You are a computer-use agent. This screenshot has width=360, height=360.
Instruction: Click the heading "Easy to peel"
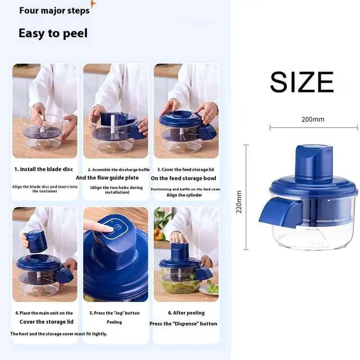pyautogui.click(x=53, y=33)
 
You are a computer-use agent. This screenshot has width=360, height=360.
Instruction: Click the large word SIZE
pyautogui.click(x=301, y=82)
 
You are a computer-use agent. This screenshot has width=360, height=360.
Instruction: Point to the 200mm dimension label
pyautogui.click(x=313, y=119)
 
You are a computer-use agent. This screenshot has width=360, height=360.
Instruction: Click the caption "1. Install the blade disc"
pyautogui.click(x=44, y=169)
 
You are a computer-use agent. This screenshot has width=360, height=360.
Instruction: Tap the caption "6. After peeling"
pyautogui.click(x=186, y=313)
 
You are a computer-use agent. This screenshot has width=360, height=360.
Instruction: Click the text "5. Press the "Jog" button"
pyautogui.click(x=115, y=313)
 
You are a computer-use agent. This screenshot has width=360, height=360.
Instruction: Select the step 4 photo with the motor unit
pyautogui.click(x=44, y=254)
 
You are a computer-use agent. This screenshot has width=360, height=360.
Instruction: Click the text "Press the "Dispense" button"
pyautogui.click(x=183, y=323)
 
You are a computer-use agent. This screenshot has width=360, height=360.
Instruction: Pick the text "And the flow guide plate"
pyautogui.click(x=115, y=178)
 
